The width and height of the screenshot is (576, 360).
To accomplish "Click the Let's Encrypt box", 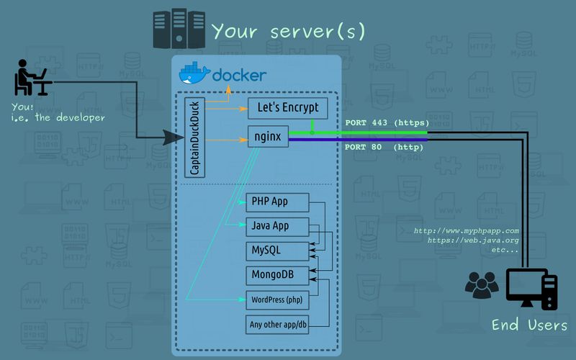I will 288,109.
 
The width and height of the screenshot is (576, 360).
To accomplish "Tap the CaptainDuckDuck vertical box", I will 194,137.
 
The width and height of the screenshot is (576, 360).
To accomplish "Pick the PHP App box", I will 277,201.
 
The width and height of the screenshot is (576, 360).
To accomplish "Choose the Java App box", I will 277,226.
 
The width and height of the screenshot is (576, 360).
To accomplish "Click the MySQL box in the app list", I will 277,251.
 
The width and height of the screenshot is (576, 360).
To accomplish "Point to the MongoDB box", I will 277,275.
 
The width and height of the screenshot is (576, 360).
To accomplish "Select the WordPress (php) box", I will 277,300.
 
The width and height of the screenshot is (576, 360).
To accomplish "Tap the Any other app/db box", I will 277,324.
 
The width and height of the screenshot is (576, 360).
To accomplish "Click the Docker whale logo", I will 194,74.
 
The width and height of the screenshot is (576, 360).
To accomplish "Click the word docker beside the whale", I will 239,75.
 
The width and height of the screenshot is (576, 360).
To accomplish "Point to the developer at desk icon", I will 32,78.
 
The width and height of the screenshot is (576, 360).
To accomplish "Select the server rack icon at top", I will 178,30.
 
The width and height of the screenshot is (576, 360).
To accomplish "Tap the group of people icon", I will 482,285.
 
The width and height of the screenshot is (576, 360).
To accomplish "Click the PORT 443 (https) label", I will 387,122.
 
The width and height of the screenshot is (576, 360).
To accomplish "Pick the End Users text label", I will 529,325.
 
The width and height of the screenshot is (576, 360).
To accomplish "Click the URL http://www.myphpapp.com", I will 466,231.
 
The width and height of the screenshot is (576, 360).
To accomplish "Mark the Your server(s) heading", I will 288,31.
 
